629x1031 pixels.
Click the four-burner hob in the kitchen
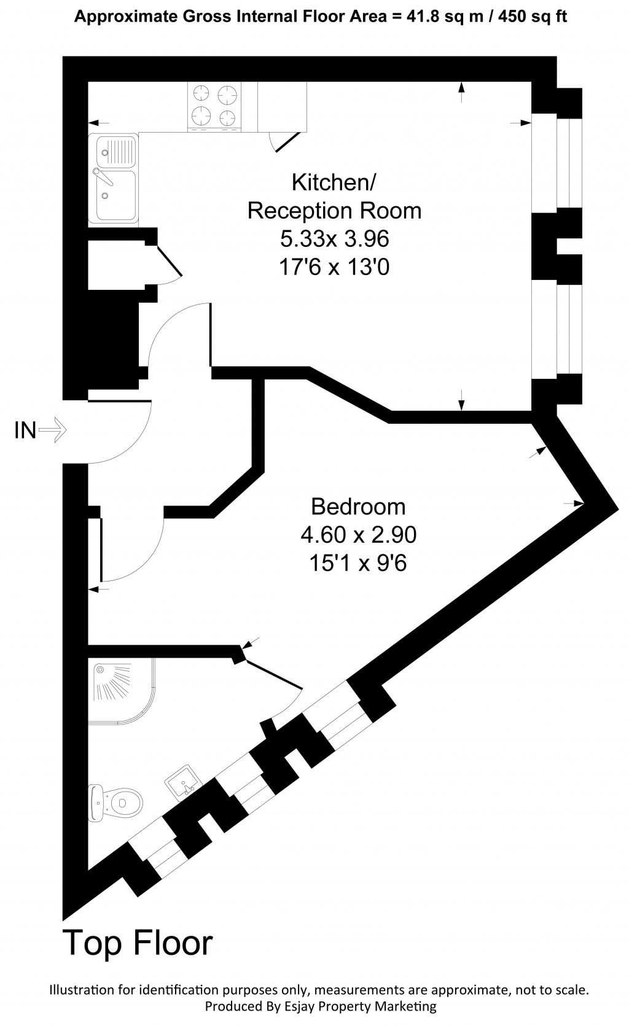click(214, 106)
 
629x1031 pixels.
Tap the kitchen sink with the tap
click(114, 178)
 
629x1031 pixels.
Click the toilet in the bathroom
click(116, 802)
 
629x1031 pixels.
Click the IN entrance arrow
click(52, 430)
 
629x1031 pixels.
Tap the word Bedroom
click(358, 507)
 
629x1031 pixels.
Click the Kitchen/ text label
click(334, 182)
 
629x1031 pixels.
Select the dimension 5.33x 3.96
click(335, 238)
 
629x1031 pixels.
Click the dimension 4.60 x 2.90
click(358, 535)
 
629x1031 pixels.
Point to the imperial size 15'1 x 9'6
click(358, 563)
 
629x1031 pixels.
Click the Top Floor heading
click(138, 943)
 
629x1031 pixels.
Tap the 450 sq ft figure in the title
click(533, 17)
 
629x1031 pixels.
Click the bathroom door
click(273, 675)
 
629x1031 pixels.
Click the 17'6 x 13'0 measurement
click(335, 267)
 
